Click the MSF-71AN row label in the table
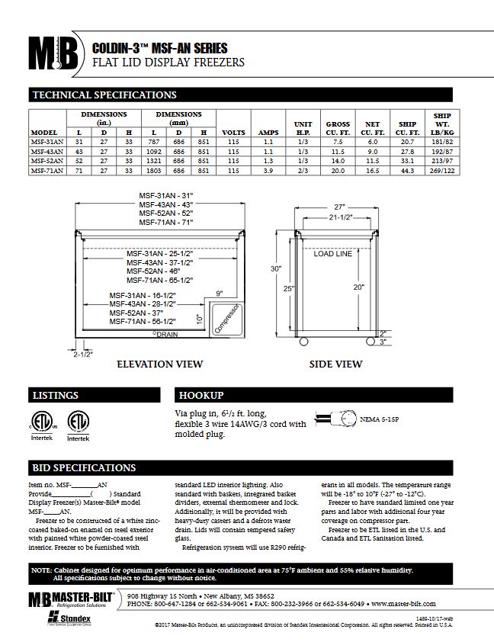pos(45,172)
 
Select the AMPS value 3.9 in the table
pos(268,172)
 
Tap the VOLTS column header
pos(233,133)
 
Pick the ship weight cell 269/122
pos(442,172)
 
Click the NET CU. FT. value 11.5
pos(372,162)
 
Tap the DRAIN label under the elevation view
pos(165,334)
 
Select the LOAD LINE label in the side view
pos(333,254)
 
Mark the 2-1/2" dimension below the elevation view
pos(83,355)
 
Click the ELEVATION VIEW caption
pos(159,364)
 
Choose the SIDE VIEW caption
pos(335,364)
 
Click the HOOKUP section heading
pos(200,396)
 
